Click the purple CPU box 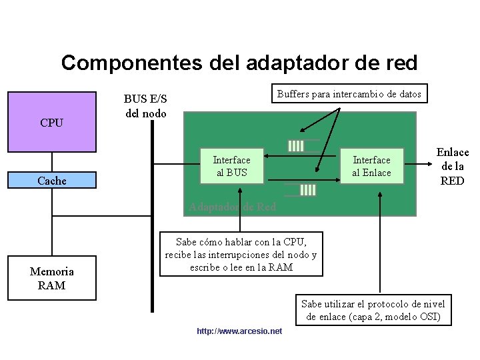pos(51,121)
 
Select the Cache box pos(51,180)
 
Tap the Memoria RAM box pos(52,278)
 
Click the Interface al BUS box pos(231,166)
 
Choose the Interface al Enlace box pos(371,166)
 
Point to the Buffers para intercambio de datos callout pos(349,94)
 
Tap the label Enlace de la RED pos(452,166)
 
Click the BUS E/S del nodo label pos(145,106)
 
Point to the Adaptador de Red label pos(232,207)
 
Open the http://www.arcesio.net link pos(239,331)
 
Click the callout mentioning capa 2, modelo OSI pos(373,310)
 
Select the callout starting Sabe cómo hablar pos(241,253)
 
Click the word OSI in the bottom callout pos(430,317)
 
